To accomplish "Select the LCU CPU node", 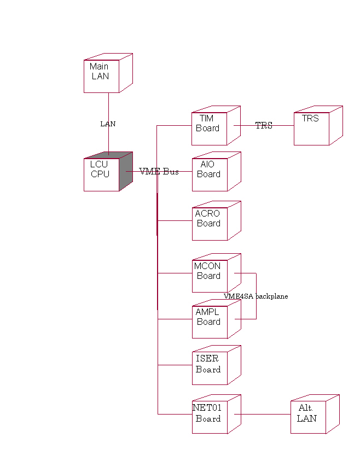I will click(x=101, y=174).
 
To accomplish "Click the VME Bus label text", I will click(x=159, y=171).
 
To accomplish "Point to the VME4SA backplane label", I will click(x=256, y=296).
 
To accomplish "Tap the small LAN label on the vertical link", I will click(x=108, y=124).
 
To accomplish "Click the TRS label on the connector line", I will click(x=264, y=126).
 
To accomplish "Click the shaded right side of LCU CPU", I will click(x=126, y=171).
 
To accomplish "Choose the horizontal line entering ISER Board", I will click(x=175, y=365).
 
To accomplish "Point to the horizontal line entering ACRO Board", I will click(x=175, y=220).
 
